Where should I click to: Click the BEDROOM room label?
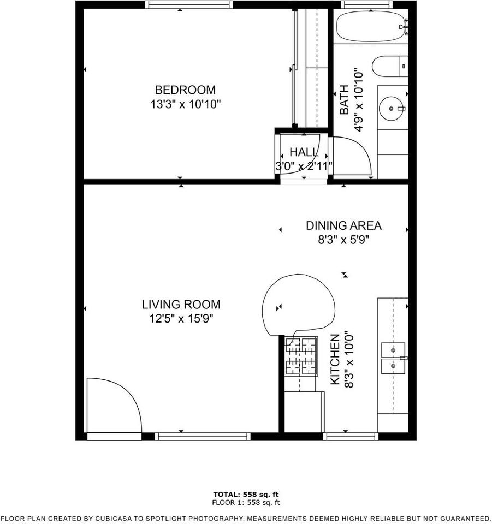(x=185, y=90)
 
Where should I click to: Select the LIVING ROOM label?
(x=181, y=305)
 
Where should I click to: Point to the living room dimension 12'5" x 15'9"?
(x=181, y=319)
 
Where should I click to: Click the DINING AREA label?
(x=343, y=225)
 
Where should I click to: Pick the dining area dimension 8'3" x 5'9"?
(x=343, y=240)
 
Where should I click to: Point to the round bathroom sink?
(x=393, y=108)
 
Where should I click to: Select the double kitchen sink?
(x=393, y=358)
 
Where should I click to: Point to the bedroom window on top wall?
(x=189, y=5)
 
